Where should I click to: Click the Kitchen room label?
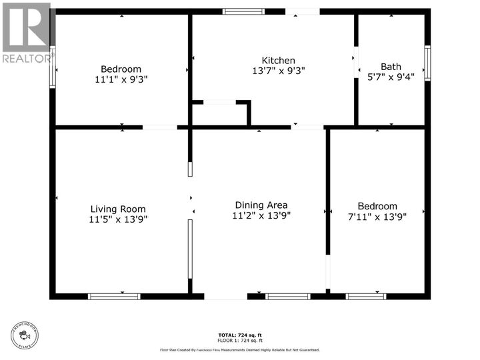279,61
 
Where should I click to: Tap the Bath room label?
391,66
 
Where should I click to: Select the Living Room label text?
118,209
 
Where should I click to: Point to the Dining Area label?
261,205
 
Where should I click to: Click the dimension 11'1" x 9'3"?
121,79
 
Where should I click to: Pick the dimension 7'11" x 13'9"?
377,216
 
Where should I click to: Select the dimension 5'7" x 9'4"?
391,76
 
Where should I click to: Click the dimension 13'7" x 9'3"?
279,71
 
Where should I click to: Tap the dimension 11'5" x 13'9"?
118,219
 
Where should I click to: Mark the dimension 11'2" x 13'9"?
261,215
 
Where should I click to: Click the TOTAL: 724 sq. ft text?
239,335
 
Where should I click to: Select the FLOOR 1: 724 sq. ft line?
239,341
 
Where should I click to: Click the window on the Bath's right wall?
427,63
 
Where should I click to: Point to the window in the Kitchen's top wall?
243,11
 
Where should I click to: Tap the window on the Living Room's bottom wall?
114,296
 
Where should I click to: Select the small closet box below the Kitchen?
221,114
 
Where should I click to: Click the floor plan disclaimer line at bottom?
239,349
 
